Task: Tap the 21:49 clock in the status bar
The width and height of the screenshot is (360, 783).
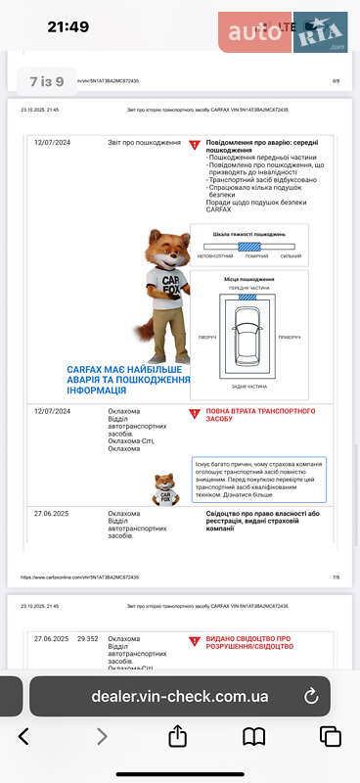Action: (67, 26)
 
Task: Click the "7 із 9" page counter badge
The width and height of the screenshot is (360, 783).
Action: (47, 81)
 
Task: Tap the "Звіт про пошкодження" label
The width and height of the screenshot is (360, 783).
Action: (144, 143)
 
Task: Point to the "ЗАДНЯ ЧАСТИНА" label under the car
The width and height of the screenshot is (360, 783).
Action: (249, 387)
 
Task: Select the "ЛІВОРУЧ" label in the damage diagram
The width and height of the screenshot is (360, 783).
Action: (206, 336)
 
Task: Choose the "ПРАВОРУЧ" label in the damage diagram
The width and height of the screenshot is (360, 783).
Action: (289, 336)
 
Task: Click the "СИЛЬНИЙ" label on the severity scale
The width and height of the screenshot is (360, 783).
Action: (291, 256)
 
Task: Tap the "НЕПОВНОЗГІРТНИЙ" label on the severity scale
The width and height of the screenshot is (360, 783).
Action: (215, 256)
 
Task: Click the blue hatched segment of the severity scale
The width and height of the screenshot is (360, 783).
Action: (254, 246)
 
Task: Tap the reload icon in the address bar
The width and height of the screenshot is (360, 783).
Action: (311, 696)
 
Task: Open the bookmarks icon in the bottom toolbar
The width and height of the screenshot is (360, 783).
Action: (254, 736)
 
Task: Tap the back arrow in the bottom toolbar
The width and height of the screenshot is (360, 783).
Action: (24, 736)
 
